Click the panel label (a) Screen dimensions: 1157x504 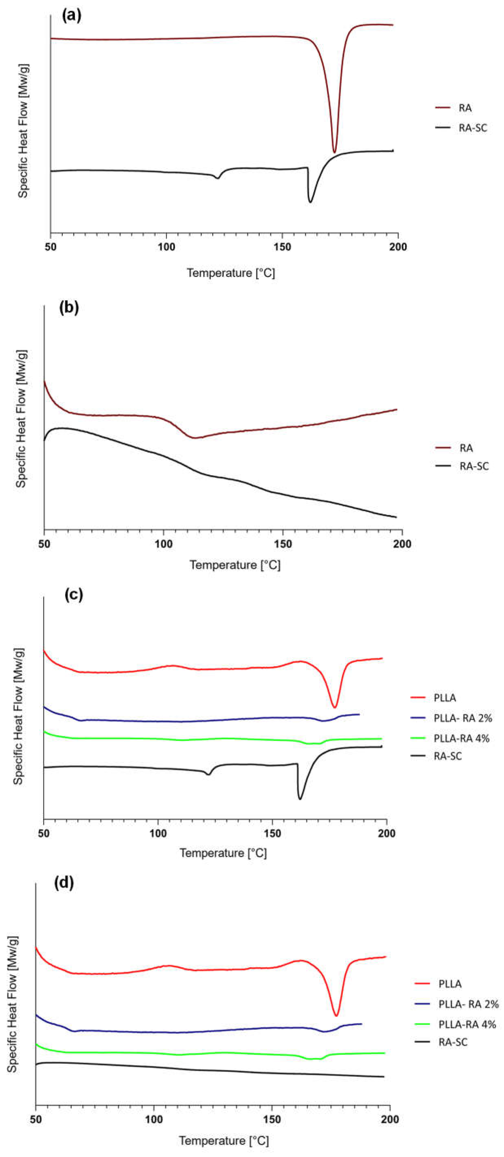[72, 16]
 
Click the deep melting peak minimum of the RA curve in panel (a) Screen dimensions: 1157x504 [334, 152]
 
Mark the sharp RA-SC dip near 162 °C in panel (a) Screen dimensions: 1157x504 [310, 202]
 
